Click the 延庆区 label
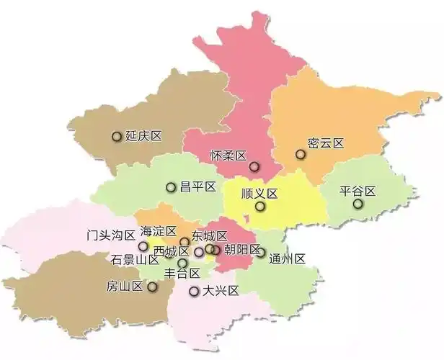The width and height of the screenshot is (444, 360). (x=142, y=136)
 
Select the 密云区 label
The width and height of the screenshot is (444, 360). (x=325, y=143)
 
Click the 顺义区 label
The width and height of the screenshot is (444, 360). (x=259, y=194)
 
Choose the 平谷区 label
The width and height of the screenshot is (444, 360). (x=358, y=191)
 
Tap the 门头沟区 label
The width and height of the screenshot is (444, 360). (x=110, y=235)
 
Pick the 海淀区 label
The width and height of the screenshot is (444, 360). (x=159, y=231)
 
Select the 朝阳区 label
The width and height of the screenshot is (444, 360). (x=241, y=250)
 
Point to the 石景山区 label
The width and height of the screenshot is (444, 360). (x=135, y=259)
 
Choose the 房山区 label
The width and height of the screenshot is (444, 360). (x=125, y=287)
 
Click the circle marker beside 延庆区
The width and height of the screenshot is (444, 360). (x=116, y=136)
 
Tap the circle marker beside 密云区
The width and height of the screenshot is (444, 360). (x=300, y=154)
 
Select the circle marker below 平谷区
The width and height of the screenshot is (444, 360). (x=358, y=204)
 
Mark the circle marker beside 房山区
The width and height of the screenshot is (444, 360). (x=152, y=287)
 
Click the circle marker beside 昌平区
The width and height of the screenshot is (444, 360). (x=171, y=187)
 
